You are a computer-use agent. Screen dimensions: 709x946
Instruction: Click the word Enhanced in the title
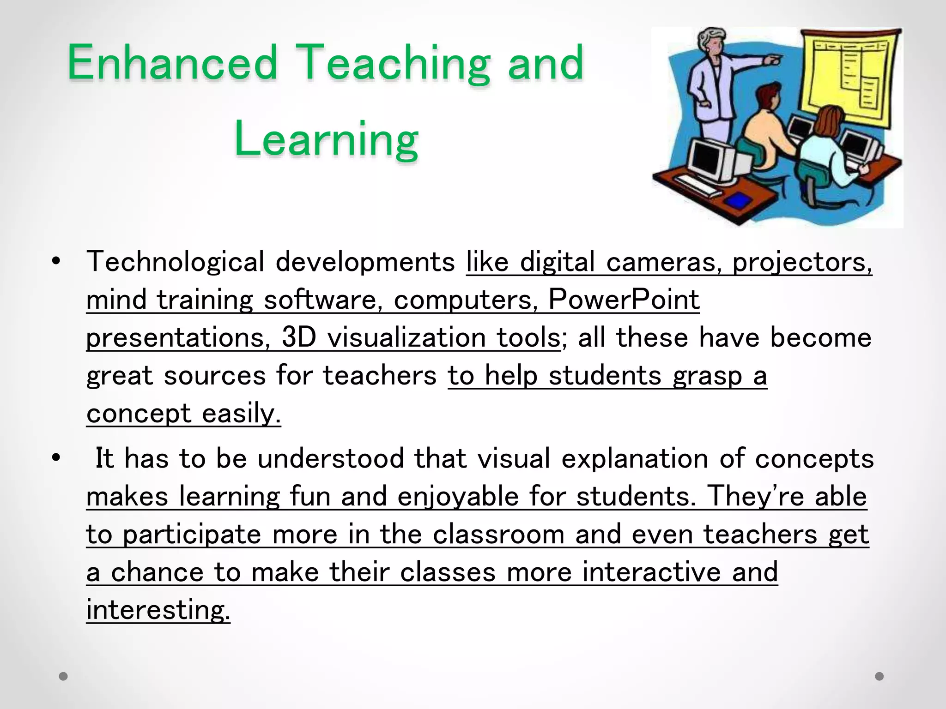click(x=172, y=63)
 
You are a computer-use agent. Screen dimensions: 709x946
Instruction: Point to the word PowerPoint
click(x=624, y=300)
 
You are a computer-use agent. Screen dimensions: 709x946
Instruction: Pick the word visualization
click(x=406, y=337)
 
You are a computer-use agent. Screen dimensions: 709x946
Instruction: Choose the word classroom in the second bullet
click(x=499, y=535)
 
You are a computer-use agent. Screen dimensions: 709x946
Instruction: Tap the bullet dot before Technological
click(x=56, y=262)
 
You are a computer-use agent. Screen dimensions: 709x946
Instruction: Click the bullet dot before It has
click(x=56, y=459)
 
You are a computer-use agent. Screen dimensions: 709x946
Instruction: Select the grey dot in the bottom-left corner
click(x=64, y=677)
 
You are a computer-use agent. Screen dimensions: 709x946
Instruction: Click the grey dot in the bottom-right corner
click(x=879, y=676)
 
